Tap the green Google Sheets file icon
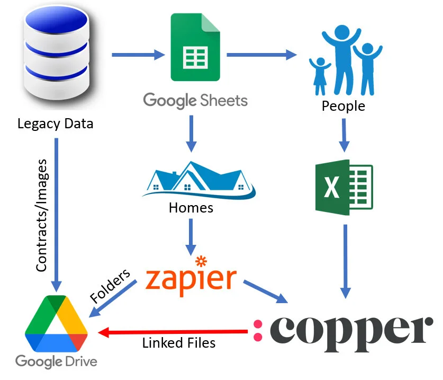(x=195, y=48)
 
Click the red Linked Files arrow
(x=175, y=332)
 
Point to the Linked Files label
(x=179, y=343)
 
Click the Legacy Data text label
(x=55, y=124)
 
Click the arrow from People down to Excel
(x=344, y=135)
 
